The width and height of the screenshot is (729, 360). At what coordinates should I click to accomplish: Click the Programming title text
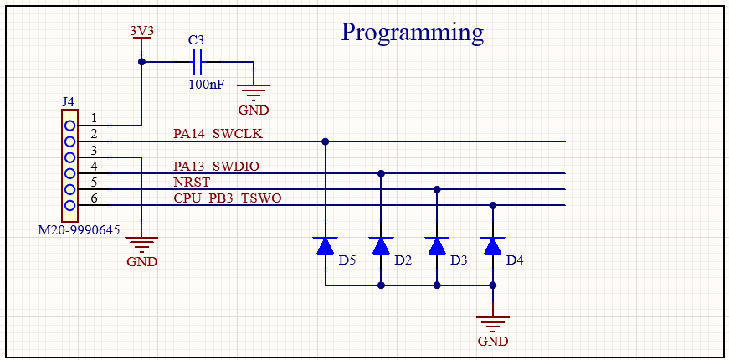(x=412, y=32)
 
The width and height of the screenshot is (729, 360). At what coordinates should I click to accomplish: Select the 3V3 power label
(x=141, y=30)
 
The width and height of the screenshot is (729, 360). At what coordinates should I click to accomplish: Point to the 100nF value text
(x=206, y=84)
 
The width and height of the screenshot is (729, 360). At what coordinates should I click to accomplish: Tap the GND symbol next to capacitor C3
(x=254, y=93)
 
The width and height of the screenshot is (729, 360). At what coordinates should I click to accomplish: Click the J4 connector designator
(x=68, y=101)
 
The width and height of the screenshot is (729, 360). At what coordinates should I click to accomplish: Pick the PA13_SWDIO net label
(x=216, y=166)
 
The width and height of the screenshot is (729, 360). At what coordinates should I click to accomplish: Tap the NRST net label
(x=192, y=182)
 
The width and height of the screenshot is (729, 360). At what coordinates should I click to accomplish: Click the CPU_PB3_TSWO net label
(x=228, y=198)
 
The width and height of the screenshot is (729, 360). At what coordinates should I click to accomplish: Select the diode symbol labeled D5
(x=326, y=245)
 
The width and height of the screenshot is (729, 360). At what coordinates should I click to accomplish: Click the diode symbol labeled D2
(x=381, y=245)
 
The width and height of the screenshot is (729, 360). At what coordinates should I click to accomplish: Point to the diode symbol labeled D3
(x=436, y=245)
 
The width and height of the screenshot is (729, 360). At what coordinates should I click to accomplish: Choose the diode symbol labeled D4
(x=493, y=245)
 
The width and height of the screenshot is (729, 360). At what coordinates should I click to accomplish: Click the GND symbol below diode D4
(x=493, y=327)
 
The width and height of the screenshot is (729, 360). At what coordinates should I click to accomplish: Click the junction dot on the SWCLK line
(x=326, y=141)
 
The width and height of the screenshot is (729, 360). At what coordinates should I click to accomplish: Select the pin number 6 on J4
(x=95, y=198)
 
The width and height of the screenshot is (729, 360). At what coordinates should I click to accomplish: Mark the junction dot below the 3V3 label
(x=141, y=62)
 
